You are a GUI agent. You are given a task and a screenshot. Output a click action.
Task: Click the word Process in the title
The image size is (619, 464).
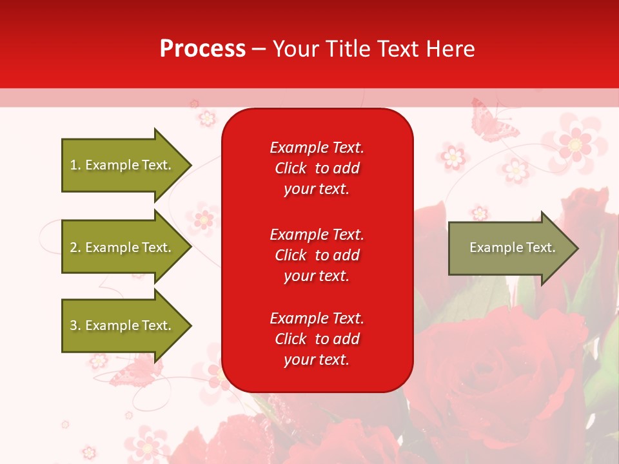tap(202, 49)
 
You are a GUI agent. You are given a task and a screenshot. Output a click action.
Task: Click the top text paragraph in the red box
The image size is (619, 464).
tap(317, 168)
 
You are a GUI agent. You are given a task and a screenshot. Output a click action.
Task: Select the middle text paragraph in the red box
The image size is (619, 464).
tap(317, 255)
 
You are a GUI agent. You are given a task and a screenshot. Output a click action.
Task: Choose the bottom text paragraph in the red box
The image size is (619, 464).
tap(317, 339)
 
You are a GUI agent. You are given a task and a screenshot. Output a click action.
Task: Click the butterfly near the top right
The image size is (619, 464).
tap(493, 121)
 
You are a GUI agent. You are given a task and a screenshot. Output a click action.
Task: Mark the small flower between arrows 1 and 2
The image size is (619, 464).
tap(204, 219)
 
